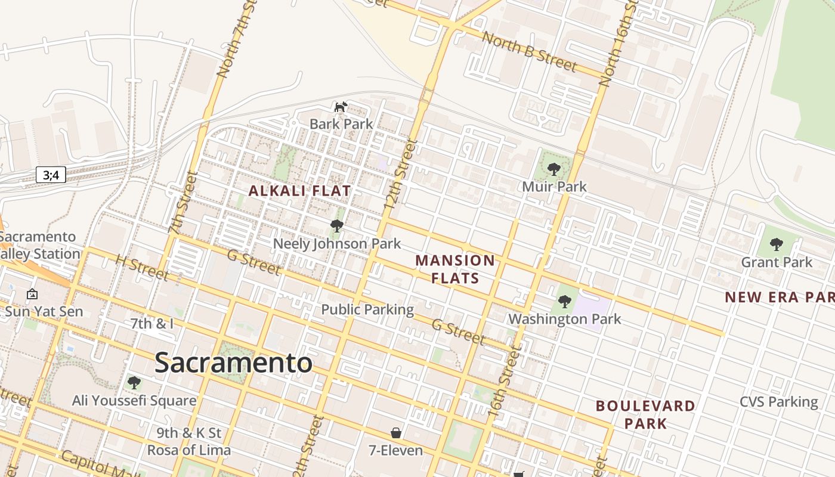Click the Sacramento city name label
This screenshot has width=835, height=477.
[x=233, y=363]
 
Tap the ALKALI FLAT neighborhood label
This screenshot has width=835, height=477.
[x=299, y=191]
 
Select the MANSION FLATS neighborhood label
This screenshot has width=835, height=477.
[x=455, y=269]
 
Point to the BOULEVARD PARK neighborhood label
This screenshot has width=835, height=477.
[x=645, y=414]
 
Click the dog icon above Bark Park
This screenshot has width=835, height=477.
[x=341, y=107]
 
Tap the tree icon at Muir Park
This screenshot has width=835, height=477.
[x=553, y=169]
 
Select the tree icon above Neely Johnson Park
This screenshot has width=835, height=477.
[x=336, y=226]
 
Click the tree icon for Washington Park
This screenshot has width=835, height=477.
[x=564, y=302]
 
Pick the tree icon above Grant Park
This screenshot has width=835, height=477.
[x=776, y=244]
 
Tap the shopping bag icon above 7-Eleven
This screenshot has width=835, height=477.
[x=395, y=432]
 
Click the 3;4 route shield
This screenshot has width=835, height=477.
[x=51, y=175]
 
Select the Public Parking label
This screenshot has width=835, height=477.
[x=367, y=309]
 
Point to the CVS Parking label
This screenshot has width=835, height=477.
[x=779, y=402]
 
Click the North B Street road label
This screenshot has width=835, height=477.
[x=528, y=52]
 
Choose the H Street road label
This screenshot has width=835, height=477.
[x=142, y=268]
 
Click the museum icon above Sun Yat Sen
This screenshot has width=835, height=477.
[x=32, y=294]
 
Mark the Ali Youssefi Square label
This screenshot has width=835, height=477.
[x=134, y=400]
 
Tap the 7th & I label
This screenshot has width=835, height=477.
[x=152, y=324]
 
